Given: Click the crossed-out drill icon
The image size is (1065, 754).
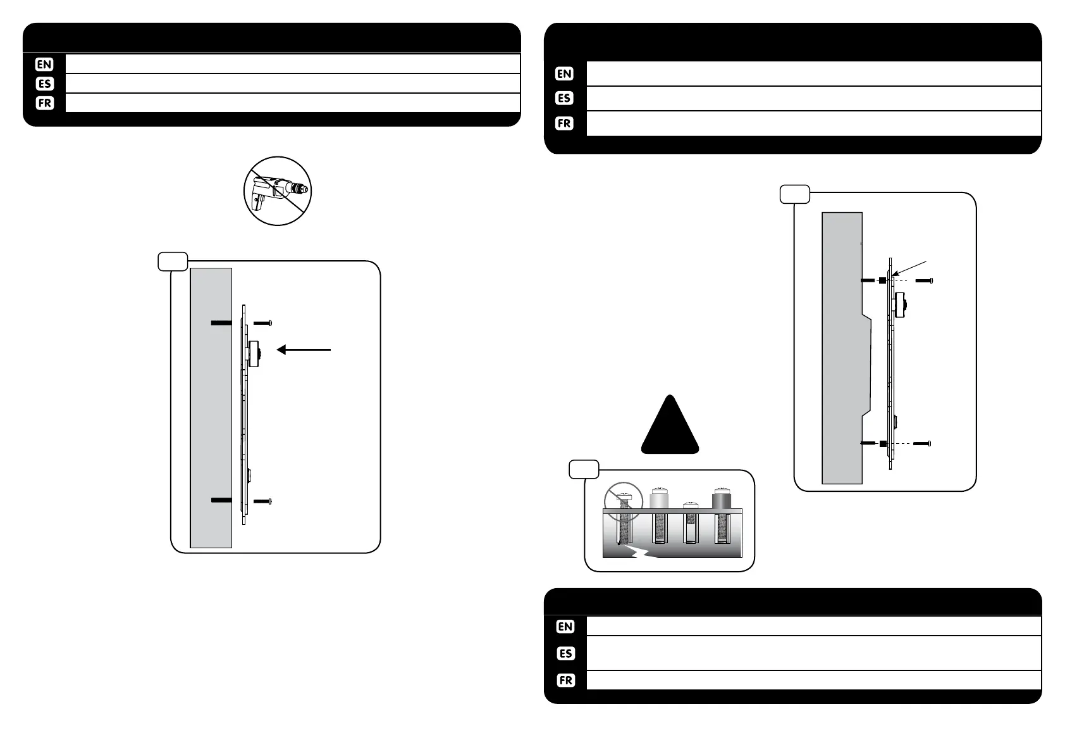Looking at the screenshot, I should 278,191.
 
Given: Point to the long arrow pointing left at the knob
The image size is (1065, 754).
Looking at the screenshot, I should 304,349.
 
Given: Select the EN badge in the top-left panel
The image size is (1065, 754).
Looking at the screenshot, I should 44,64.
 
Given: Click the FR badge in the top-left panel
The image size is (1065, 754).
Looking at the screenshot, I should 44,103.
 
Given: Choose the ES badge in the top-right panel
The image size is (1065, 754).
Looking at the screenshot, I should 564,98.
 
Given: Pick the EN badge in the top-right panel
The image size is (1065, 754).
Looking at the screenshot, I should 564,73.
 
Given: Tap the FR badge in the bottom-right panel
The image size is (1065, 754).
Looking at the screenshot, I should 565,681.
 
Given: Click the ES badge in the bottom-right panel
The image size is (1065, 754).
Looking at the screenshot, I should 565,653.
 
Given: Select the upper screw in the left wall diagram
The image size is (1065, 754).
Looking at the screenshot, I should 262,323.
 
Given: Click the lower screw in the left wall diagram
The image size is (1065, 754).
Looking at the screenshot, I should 262,501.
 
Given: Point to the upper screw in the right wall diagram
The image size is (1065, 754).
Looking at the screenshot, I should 924,280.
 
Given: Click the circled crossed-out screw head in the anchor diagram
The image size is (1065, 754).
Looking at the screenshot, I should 623,500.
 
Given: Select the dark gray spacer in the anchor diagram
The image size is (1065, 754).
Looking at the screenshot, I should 722,500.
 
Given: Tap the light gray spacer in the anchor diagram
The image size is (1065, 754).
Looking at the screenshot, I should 660,500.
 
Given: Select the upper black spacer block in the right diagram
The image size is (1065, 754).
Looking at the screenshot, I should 882,280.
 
